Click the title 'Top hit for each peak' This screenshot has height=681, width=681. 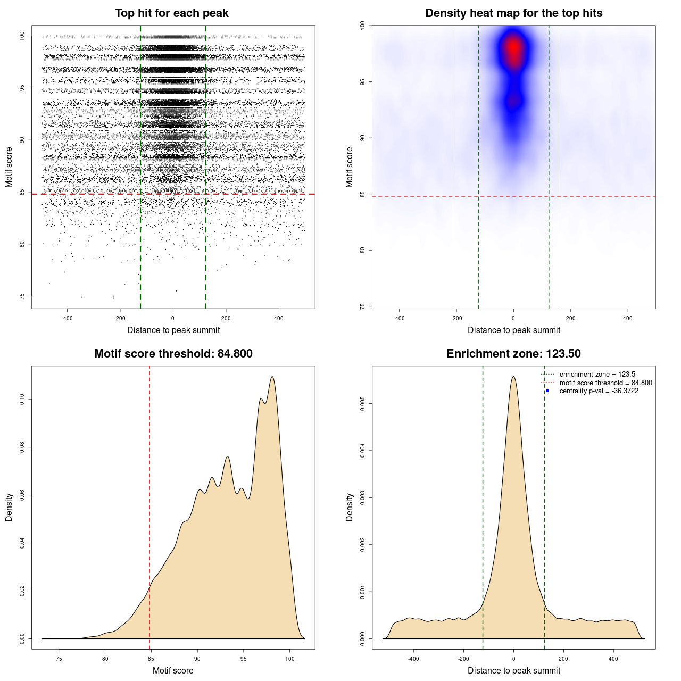[x=171, y=13]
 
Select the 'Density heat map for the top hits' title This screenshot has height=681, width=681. [x=513, y=13]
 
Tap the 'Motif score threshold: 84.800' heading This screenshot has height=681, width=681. [x=173, y=354]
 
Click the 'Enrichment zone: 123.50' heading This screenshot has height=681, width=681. [x=513, y=354]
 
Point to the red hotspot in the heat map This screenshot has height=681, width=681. [x=513, y=48]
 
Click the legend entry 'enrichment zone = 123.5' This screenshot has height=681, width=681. [x=597, y=375]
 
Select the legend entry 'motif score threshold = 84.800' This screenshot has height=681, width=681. [x=605, y=383]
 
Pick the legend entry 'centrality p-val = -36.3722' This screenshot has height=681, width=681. [x=599, y=391]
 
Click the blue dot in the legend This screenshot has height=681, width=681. [x=547, y=391]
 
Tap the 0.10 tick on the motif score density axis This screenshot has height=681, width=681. [x=22, y=400]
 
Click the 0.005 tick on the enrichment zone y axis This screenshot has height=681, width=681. [x=363, y=404]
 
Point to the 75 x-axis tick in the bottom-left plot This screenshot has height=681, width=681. [x=59, y=659]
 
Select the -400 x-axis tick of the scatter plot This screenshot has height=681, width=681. [x=67, y=318]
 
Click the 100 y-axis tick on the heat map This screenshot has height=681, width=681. [x=363, y=26]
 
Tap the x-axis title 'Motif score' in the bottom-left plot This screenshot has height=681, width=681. [x=173, y=670]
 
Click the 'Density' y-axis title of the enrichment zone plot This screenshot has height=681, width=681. [x=350, y=507]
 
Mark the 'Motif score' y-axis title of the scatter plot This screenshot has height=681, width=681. [x=9, y=167]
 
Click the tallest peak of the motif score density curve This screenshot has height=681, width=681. [x=272, y=377]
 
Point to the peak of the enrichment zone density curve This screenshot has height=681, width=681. [x=513, y=377]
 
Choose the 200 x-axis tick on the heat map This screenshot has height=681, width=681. [x=570, y=318]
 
